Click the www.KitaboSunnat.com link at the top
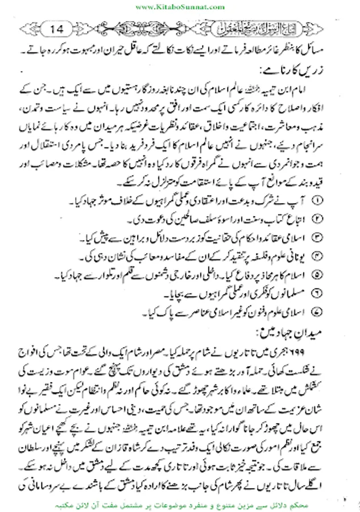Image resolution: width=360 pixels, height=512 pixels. click(180, 6)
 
